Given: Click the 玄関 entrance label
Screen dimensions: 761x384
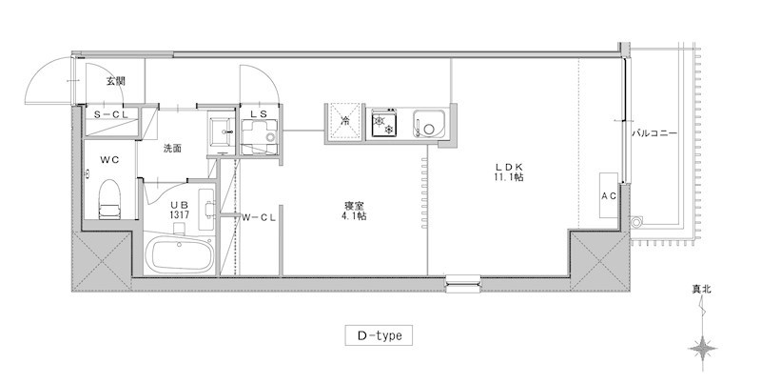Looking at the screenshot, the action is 115,81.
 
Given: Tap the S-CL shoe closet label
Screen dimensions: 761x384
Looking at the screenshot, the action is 109,115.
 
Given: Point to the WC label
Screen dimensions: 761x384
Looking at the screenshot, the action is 109,159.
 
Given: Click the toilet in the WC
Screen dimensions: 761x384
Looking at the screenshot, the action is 109,199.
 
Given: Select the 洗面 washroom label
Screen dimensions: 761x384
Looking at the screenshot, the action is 172,149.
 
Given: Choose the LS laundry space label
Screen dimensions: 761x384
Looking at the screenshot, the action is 258,113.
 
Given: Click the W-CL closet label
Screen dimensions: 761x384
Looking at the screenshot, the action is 259,218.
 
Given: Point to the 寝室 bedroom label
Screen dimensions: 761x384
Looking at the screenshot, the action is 353,211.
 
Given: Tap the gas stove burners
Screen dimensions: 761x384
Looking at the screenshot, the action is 384,124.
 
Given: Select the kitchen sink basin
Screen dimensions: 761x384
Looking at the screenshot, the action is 429,124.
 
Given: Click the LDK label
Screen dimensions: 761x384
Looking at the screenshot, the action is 508,172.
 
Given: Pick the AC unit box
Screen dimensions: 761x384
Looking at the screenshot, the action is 609,195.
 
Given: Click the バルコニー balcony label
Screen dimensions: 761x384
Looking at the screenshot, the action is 654,133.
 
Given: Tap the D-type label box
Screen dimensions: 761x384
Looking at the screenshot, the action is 379,335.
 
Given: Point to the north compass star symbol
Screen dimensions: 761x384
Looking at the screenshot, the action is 703,349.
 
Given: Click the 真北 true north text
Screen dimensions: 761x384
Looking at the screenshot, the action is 701,290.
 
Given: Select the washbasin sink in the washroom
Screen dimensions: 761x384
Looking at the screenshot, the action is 222,130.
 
